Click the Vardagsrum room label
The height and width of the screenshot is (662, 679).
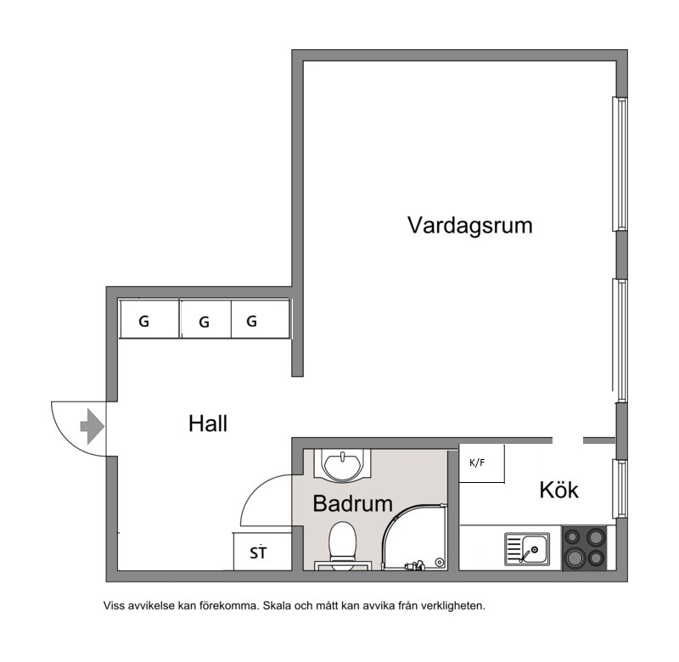click(x=470, y=226)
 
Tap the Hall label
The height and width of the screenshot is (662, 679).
click(x=208, y=423)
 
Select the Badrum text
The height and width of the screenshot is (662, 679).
click(x=352, y=503)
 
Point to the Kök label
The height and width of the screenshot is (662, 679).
click(x=559, y=490)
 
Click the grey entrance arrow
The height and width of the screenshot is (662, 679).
click(x=93, y=426)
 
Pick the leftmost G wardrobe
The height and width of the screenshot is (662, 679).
click(x=149, y=318)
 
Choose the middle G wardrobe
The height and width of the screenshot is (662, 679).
click(x=205, y=318)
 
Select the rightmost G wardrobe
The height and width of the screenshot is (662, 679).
click(x=261, y=318)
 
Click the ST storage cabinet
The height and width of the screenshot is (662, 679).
click(x=262, y=551)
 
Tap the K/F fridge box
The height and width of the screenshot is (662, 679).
click(x=481, y=463)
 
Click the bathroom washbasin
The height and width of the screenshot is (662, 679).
click(x=343, y=465)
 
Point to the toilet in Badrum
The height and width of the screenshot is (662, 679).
click(x=343, y=547)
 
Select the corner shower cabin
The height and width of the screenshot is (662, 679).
click(x=413, y=537)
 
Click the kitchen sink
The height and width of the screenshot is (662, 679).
click(x=527, y=549)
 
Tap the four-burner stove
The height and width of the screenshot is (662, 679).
click(x=584, y=548)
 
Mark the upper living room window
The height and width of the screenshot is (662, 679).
click(x=620, y=164)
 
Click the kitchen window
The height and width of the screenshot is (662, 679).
click(x=620, y=488)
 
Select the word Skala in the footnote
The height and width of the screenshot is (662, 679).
click(x=277, y=605)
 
